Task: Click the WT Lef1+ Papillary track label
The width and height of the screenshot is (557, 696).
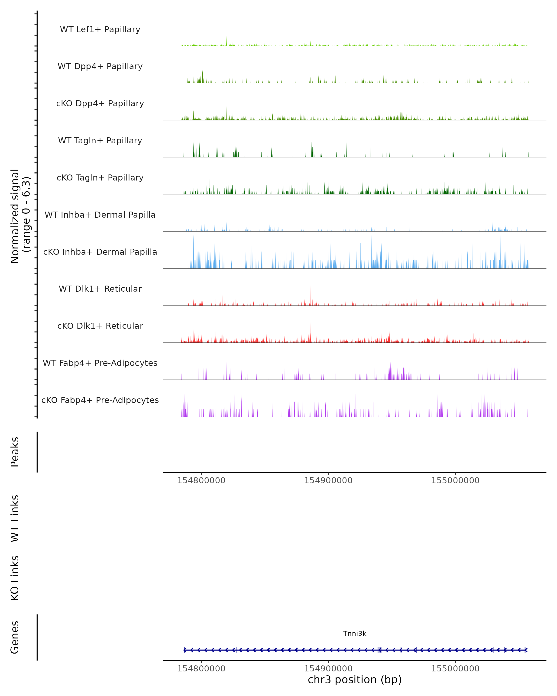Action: pyautogui.click(x=100, y=29)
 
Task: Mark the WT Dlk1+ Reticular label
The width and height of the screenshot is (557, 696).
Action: pyautogui.click(x=100, y=289)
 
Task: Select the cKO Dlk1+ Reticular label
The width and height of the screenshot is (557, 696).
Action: pyautogui.click(x=100, y=326)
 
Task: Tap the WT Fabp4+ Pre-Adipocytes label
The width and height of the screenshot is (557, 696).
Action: pyautogui.click(x=100, y=363)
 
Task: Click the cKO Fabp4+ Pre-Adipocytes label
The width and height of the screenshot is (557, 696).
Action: pyautogui.click(x=100, y=400)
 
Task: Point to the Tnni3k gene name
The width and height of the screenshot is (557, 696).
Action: pyautogui.click(x=355, y=633)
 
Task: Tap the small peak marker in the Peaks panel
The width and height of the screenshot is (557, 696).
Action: pyautogui.click(x=310, y=452)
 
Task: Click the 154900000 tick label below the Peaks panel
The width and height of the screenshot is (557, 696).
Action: pyautogui.click(x=328, y=480)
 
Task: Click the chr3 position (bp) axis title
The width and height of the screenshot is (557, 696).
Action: pyautogui.click(x=355, y=680)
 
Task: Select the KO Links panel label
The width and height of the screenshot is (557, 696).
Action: pyautogui.click(x=15, y=578)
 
